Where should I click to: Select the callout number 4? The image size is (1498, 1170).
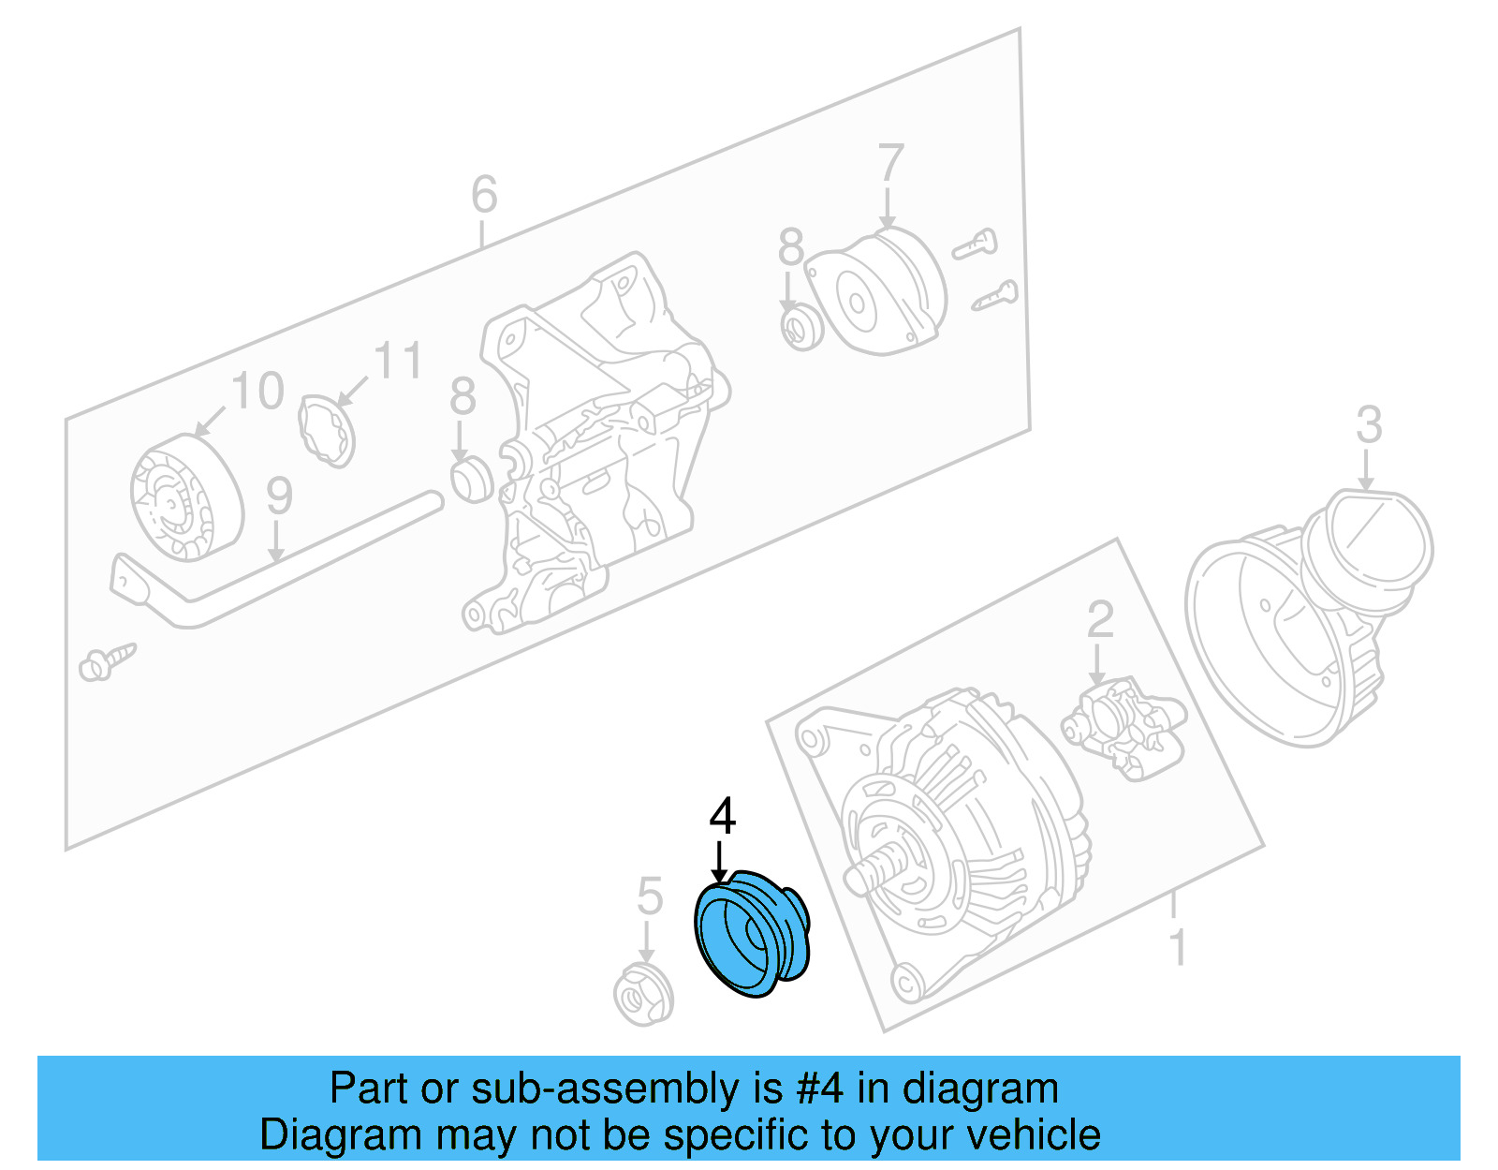click(x=722, y=817)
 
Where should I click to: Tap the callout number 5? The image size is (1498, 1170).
click(x=649, y=896)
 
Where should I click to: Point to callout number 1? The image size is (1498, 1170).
click(x=1178, y=947)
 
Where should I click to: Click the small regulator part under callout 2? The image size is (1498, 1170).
click(x=1124, y=722)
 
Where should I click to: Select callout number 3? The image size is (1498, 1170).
click(x=1369, y=425)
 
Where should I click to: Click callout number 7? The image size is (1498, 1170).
click(x=890, y=164)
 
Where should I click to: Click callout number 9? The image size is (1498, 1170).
click(x=279, y=496)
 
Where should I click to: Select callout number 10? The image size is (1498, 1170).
click(x=257, y=391)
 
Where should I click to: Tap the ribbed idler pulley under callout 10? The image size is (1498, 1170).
click(x=185, y=498)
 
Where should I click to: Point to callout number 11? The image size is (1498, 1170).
click(x=398, y=361)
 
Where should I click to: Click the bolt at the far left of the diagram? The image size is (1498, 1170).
click(x=106, y=661)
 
